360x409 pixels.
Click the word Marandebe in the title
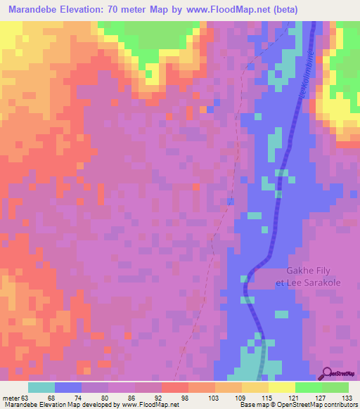30,9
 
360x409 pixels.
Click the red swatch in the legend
174,387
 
